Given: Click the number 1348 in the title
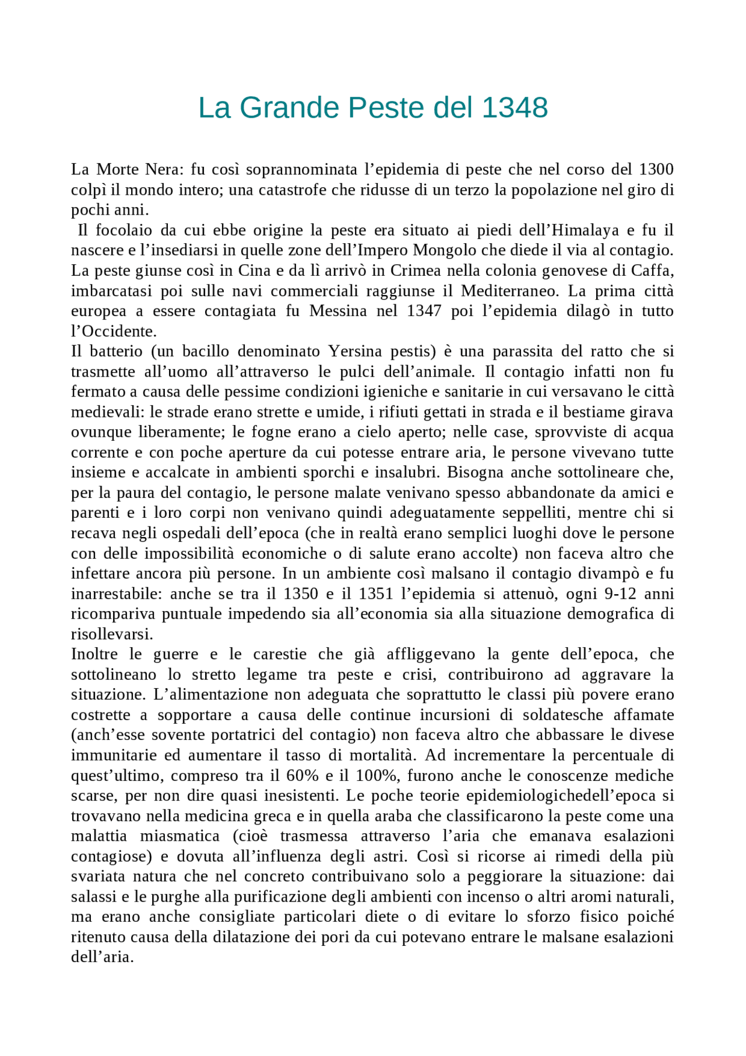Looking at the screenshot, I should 515,108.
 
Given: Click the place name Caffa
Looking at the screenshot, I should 653,271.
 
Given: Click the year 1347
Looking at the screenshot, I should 424,311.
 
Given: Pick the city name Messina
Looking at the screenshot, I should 338,311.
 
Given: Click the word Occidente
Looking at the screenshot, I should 114,331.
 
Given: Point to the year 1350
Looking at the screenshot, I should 301,594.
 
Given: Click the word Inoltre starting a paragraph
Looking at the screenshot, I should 94,654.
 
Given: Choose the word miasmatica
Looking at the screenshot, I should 180,836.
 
